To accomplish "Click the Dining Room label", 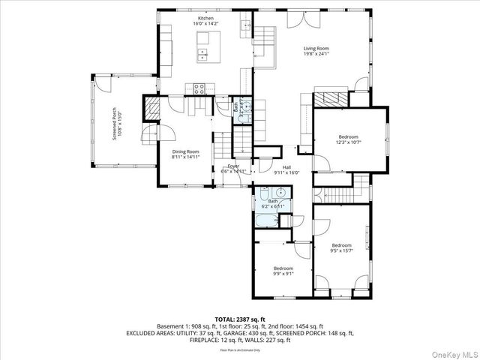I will click(x=185, y=154).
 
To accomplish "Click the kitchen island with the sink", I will click(x=203, y=53).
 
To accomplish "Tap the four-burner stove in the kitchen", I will click(x=200, y=88).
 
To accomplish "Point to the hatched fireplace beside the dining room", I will click(x=152, y=108).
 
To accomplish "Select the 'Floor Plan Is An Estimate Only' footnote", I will click(x=240, y=349).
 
